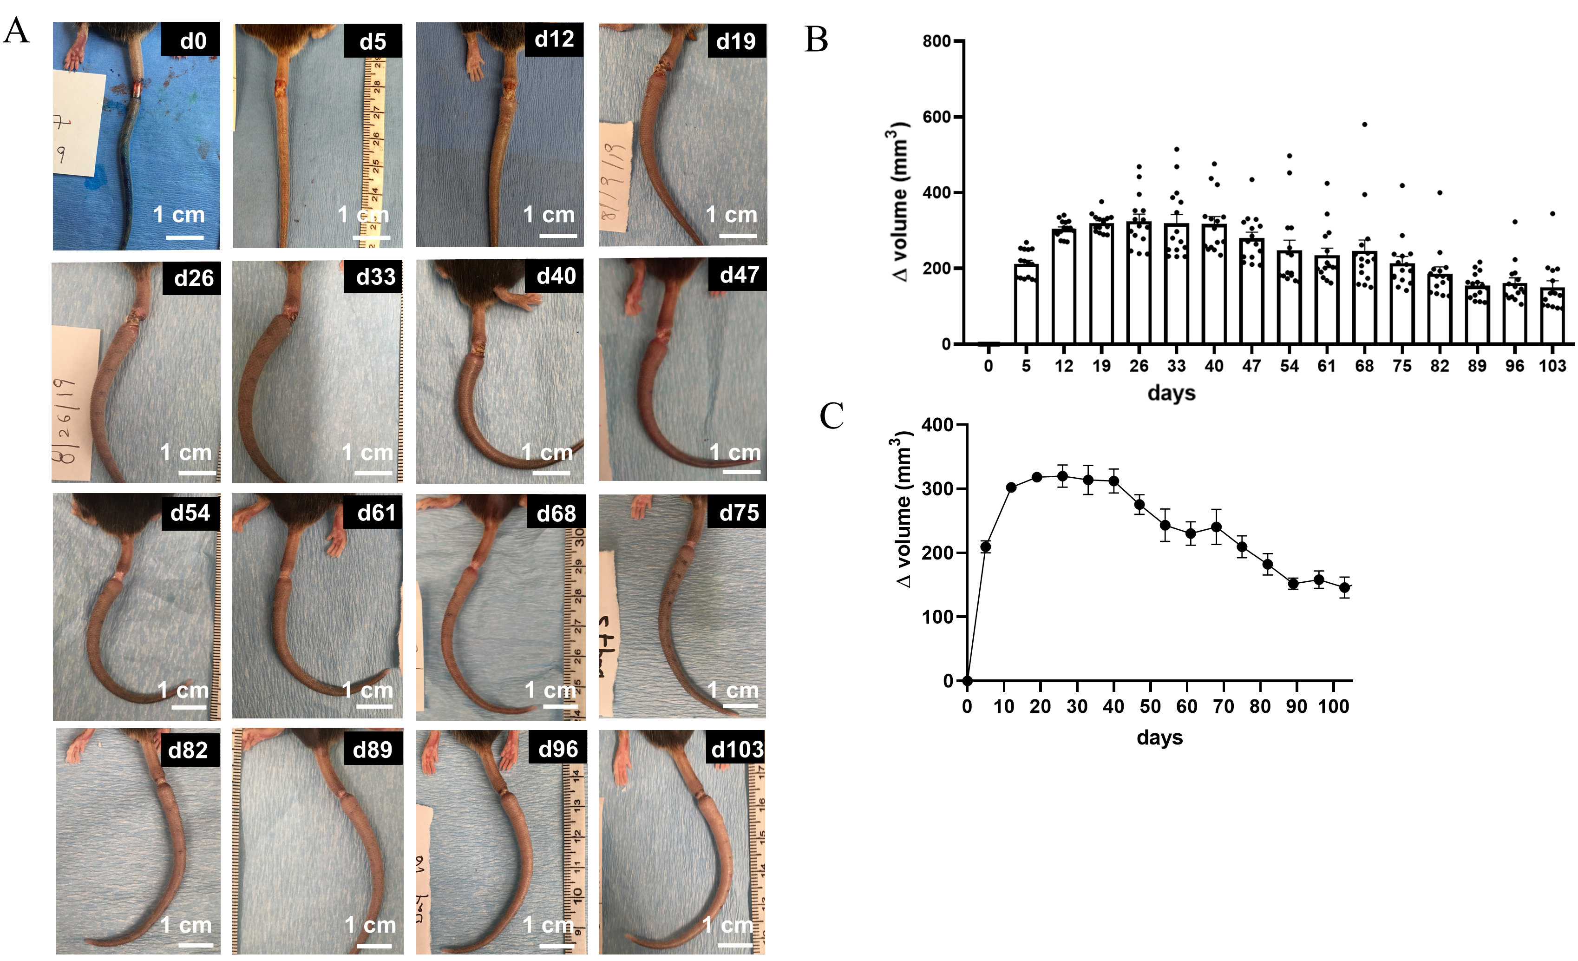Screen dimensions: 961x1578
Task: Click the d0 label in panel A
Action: (191, 40)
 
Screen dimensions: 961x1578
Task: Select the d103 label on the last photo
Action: (737, 749)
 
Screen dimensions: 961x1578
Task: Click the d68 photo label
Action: (556, 513)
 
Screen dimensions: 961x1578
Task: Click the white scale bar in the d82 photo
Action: (195, 944)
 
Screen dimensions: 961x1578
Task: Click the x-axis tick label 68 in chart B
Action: (1364, 366)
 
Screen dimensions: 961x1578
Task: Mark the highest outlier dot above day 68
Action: (1364, 124)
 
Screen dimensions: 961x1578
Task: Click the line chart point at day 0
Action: (967, 680)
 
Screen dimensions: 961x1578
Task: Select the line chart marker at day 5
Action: (986, 546)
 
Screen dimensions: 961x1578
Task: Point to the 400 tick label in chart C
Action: (936, 425)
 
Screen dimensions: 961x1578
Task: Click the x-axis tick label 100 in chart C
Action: (1333, 707)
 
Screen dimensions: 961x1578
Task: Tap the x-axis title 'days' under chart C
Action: (1159, 737)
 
